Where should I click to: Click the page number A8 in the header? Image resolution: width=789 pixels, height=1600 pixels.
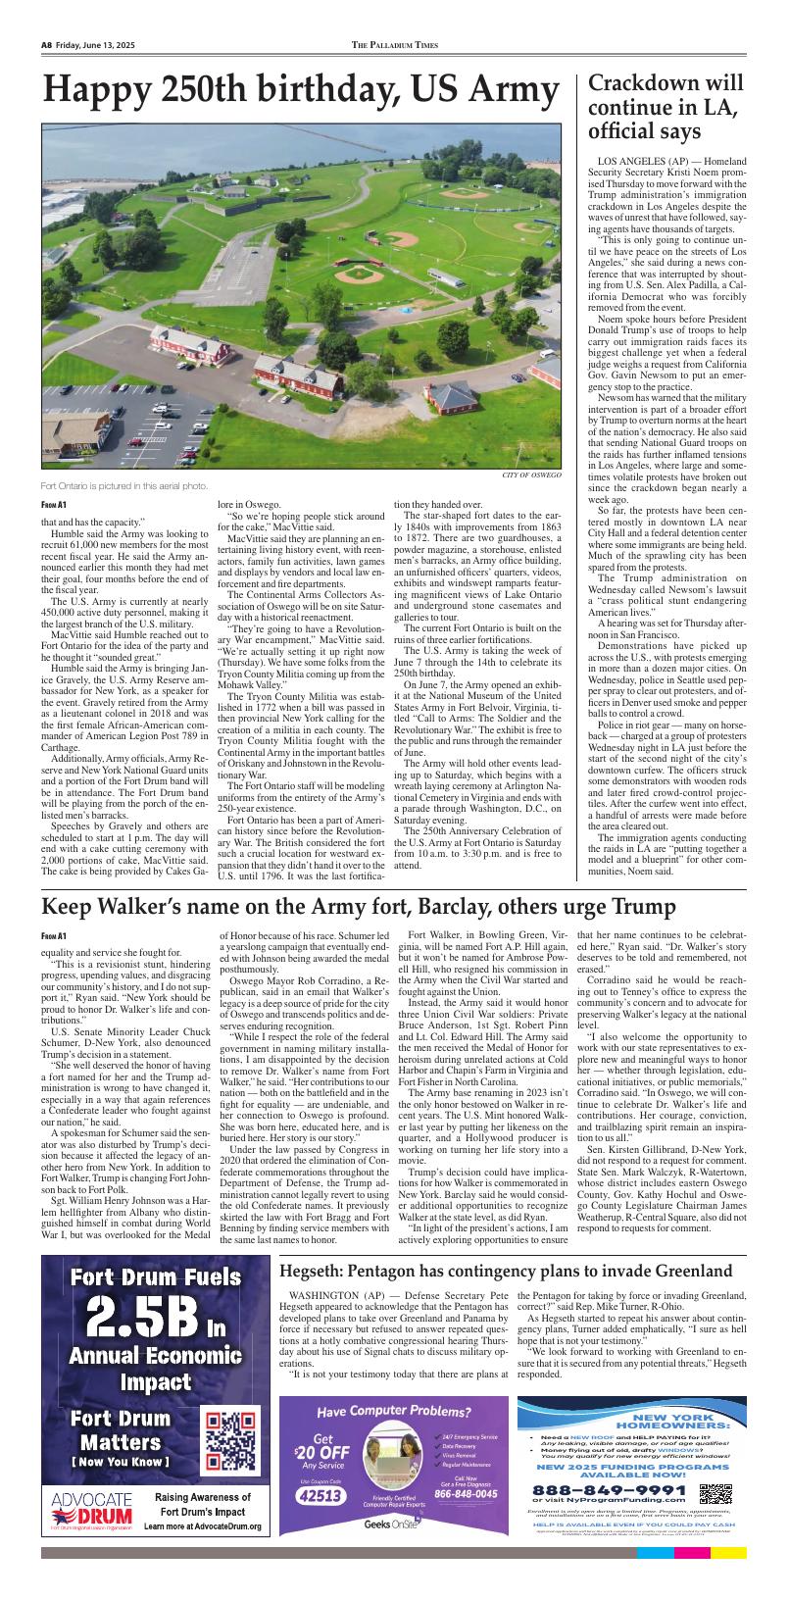(x=46, y=45)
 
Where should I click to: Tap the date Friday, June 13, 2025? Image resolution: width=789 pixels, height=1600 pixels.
(x=94, y=45)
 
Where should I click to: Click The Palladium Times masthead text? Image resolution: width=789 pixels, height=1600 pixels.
(x=395, y=45)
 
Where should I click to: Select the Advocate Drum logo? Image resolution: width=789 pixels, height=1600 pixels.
(x=92, y=1511)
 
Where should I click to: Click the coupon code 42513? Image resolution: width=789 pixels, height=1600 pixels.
(x=321, y=1495)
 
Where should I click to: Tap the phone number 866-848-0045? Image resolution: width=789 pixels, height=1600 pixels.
(x=466, y=1494)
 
